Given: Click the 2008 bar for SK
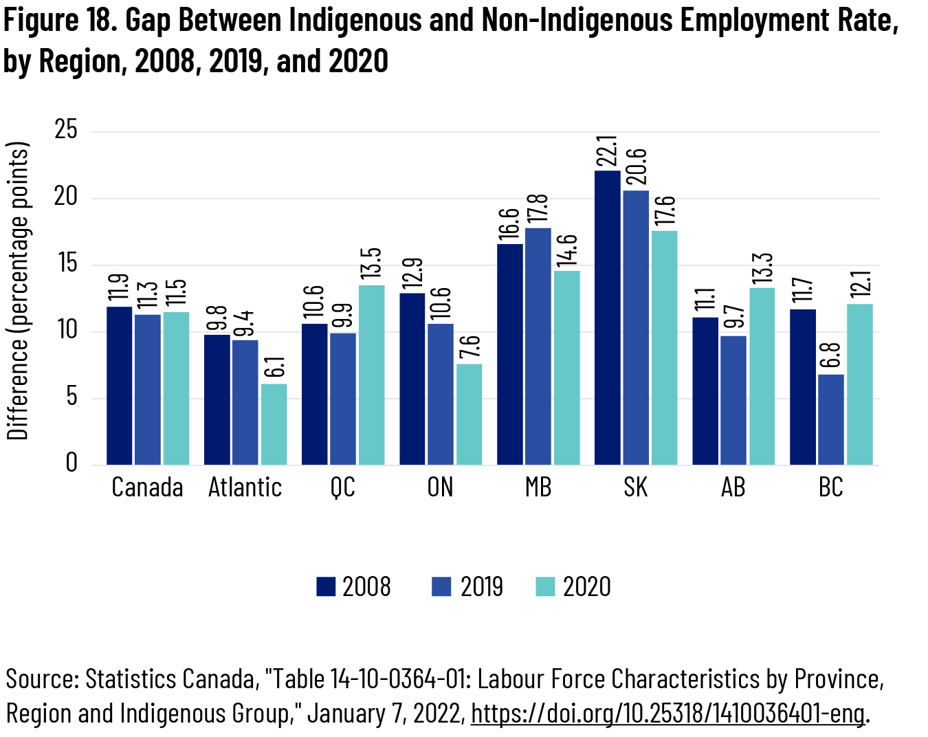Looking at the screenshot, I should pos(607,318).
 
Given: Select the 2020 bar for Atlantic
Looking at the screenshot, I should pos(274,424).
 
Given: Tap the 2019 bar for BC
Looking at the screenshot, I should pos(830,419).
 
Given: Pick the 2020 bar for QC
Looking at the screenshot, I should pos(371,375).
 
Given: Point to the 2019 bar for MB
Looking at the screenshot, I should pos(538,346).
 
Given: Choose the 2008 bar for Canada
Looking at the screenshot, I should pos(120,386).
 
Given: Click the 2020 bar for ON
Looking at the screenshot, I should pos(469,414).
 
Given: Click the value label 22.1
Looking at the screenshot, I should pos(607,151).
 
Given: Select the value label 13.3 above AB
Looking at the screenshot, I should pos(762,269).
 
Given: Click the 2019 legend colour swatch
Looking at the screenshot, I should pos(441,586).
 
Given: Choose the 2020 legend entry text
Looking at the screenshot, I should pos(586,586).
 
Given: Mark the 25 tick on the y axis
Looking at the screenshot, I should pos(66,130).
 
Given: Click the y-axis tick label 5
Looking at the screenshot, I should pos(71,397).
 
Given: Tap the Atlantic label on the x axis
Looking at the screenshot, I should pos(245,487).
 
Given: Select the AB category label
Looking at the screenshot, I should pos(733,487).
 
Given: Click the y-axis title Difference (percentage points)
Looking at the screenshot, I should pos(18,291).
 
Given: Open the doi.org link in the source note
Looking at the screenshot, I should pos(667,714).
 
